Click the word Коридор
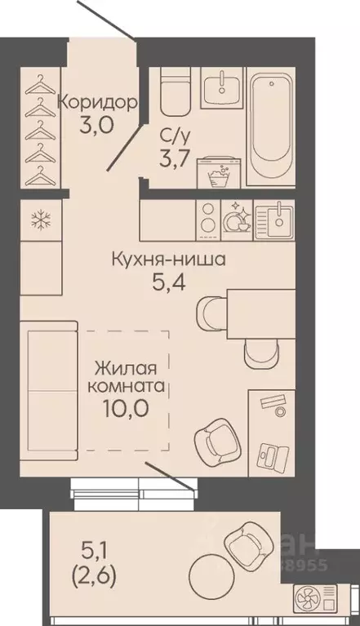(x=96, y=104)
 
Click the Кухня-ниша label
(x=168, y=261)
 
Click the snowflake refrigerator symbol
(x=39, y=220)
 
